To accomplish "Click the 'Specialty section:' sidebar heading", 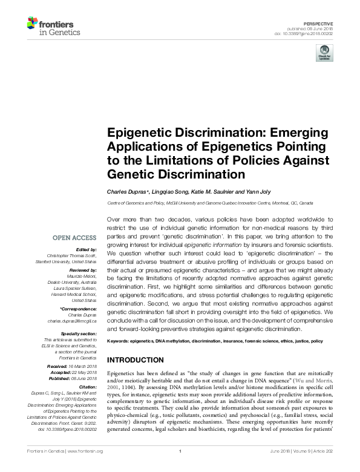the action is click(77, 333).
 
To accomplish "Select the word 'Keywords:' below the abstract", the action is click(119, 341).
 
